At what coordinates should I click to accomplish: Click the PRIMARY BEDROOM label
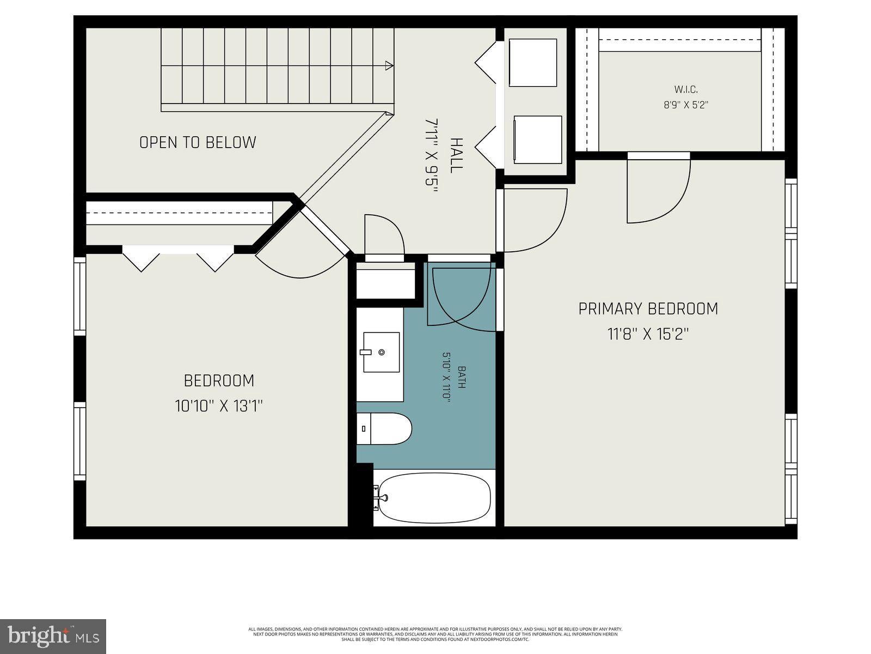(648, 309)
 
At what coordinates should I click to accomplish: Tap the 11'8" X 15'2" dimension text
(648, 334)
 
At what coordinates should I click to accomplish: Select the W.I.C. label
(685, 89)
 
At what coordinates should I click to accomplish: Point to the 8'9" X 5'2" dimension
(685, 105)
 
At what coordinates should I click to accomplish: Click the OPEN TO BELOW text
(198, 142)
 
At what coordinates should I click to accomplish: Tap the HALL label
(456, 155)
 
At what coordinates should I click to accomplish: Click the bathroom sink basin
(381, 352)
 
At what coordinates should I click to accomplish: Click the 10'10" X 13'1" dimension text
(219, 405)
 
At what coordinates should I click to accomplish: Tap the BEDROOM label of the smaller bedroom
(219, 380)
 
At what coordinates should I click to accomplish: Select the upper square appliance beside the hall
(533, 63)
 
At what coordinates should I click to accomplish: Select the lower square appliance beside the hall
(538, 140)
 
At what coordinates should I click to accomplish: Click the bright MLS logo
(53, 636)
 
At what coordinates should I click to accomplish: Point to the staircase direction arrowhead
(389, 66)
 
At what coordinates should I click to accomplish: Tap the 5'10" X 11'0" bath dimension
(446, 377)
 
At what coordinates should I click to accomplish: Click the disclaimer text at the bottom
(435, 634)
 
